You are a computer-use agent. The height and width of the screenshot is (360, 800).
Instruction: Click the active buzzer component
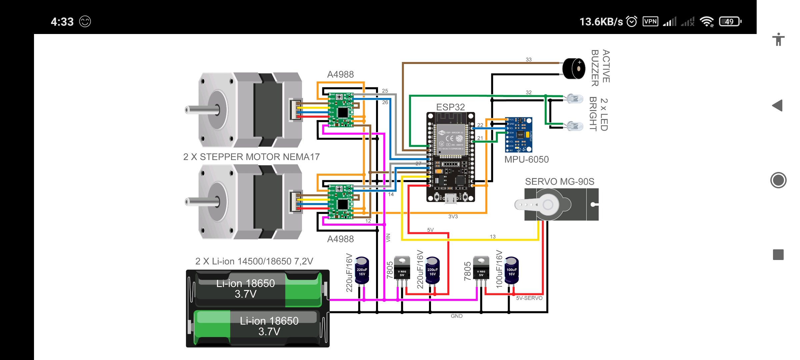click(x=574, y=68)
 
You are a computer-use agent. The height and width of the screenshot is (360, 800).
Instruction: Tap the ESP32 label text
click(x=450, y=107)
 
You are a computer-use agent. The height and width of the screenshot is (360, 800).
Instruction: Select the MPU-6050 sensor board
click(x=519, y=135)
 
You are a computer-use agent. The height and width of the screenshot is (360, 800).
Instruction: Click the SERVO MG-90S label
click(x=559, y=182)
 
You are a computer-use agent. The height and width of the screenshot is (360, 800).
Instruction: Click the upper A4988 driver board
click(x=341, y=110)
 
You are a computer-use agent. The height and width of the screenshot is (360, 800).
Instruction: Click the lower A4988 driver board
click(x=341, y=202)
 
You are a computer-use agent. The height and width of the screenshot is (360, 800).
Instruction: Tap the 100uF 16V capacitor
click(x=512, y=270)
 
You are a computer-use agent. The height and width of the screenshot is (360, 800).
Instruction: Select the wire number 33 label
click(x=529, y=60)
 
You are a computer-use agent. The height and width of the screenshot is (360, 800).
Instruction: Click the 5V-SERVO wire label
click(x=529, y=298)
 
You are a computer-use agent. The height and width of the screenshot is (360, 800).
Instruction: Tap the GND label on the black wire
click(x=456, y=316)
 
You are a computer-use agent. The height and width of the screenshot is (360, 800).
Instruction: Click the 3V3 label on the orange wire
click(x=453, y=217)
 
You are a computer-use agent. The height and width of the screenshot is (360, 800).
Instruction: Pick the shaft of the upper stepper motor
click(x=193, y=110)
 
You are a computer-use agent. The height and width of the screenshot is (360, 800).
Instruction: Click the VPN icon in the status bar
click(x=650, y=22)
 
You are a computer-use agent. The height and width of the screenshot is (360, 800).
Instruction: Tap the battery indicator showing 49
click(x=730, y=22)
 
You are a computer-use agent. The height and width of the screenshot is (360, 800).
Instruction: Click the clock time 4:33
click(x=62, y=22)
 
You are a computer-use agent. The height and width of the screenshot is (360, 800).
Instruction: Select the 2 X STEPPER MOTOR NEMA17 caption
click(x=251, y=157)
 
